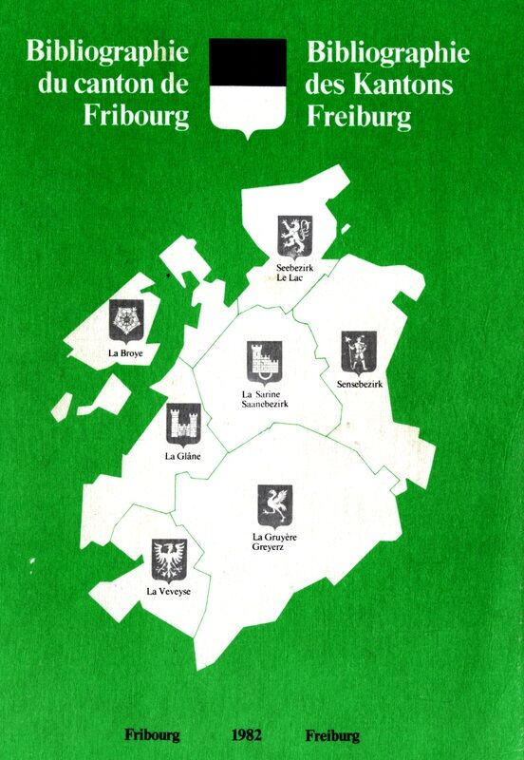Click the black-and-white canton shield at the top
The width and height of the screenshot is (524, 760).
pyautogui.click(x=247, y=85)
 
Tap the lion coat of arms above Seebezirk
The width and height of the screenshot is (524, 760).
pyautogui.click(x=294, y=236)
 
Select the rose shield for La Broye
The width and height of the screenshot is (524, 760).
pyautogui.click(x=126, y=321)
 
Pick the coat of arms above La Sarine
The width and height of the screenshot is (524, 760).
pyautogui.click(x=264, y=361)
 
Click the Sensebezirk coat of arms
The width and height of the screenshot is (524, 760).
pyautogui.click(x=359, y=352)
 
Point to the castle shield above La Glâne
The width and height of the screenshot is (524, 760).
pyautogui.click(x=183, y=425)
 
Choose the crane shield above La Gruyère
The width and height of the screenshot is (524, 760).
pyautogui.click(x=275, y=506)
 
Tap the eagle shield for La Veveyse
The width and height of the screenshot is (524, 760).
pyautogui.click(x=169, y=560)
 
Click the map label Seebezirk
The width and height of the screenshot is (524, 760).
pyautogui.click(x=295, y=269)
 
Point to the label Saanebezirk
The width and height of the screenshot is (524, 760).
pyautogui.click(x=265, y=405)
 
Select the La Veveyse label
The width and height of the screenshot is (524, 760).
pyautogui.click(x=168, y=592)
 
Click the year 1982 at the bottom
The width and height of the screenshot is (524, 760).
pyautogui.click(x=245, y=735)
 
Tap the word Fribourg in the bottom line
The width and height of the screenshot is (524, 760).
pyautogui.click(x=152, y=735)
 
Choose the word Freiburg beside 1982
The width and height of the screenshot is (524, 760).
pyautogui.click(x=332, y=735)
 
